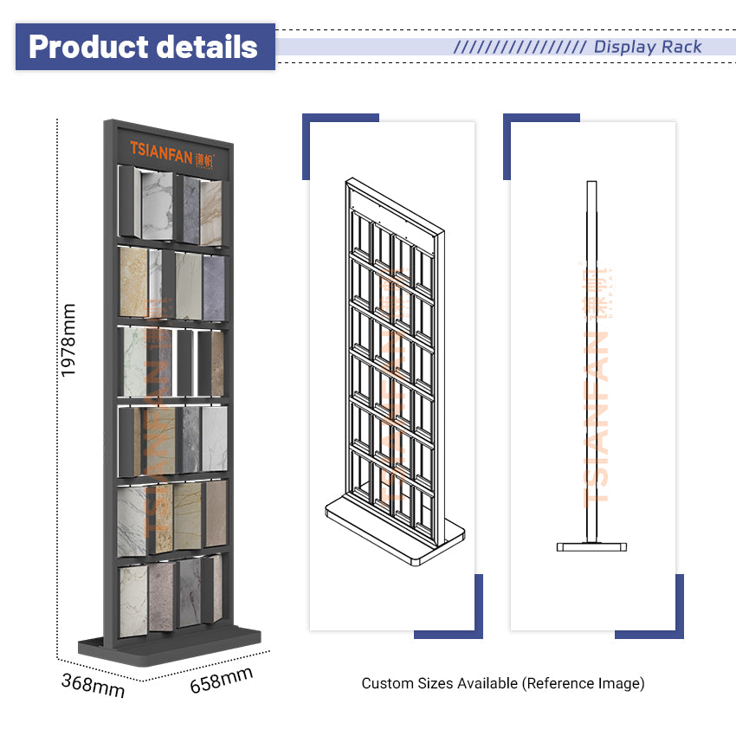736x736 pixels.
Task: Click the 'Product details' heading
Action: tap(143, 47)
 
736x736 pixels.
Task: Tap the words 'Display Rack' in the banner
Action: tap(648, 47)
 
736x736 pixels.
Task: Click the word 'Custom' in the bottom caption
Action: tap(386, 683)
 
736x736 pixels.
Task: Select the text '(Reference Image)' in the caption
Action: tap(583, 683)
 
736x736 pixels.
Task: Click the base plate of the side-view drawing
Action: tap(591, 546)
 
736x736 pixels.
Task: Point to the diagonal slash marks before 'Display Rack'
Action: tap(520, 47)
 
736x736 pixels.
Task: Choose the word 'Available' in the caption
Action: tap(487, 683)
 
